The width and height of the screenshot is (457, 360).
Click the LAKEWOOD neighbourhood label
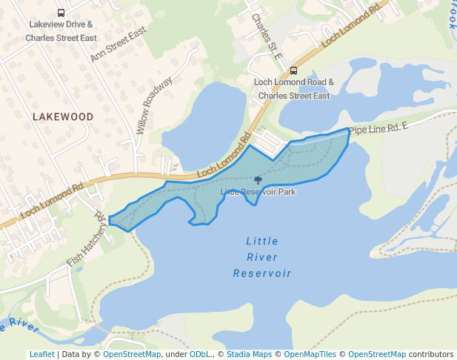[x=63, y=117]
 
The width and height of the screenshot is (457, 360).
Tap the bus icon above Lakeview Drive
[x=60, y=13]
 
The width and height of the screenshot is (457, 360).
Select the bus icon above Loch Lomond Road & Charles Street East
[x=294, y=71]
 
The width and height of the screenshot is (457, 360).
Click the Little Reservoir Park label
[x=258, y=192]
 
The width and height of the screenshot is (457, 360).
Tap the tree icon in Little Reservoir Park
[x=257, y=180]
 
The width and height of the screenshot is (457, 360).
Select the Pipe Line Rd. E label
[x=378, y=128]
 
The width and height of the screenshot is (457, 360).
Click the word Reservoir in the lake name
[x=262, y=273]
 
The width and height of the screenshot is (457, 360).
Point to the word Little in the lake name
[x=262, y=241]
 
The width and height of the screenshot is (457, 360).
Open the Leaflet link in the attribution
[x=41, y=355]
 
